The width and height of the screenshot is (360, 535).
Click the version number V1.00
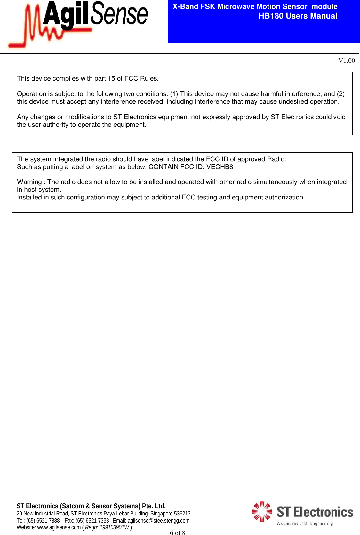click(x=347, y=61)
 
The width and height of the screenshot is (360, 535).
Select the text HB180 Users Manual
click(x=298, y=16)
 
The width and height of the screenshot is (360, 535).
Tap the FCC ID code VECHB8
click(x=220, y=167)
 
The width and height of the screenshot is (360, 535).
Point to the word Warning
click(x=29, y=182)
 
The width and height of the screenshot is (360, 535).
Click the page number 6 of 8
click(x=177, y=532)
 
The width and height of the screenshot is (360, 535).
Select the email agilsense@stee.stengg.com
click(x=158, y=521)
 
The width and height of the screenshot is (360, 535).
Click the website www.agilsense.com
click(x=59, y=527)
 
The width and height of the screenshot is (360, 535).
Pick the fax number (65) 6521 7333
click(x=92, y=521)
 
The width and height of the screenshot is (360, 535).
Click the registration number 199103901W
click(x=114, y=527)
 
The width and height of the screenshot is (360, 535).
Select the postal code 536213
click(x=182, y=514)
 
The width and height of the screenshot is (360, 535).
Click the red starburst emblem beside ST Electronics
click(x=262, y=511)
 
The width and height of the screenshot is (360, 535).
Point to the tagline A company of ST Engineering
click(x=305, y=523)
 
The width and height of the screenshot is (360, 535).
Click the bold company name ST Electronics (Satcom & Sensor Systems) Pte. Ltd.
click(x=91, y=506)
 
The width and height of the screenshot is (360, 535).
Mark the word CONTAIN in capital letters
click(x=163, y=167)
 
